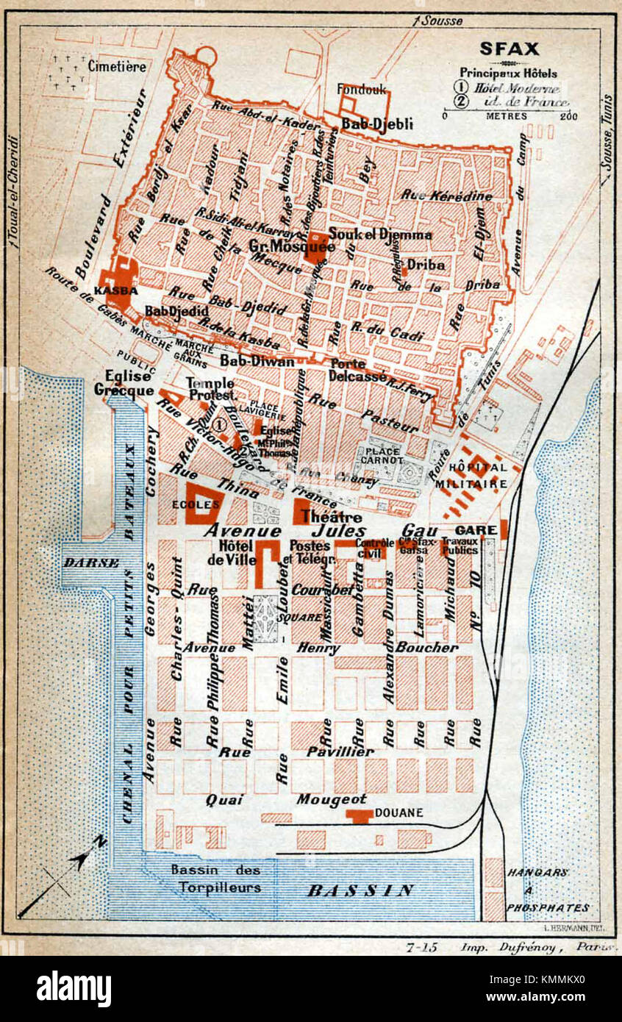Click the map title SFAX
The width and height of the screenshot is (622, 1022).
pos(510,49)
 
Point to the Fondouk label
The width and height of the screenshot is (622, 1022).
pos(361,89)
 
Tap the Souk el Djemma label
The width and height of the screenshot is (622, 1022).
pos(380,235)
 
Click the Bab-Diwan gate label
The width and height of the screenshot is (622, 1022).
pos(257,362)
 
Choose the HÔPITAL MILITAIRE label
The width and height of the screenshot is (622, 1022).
pos(478,476)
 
